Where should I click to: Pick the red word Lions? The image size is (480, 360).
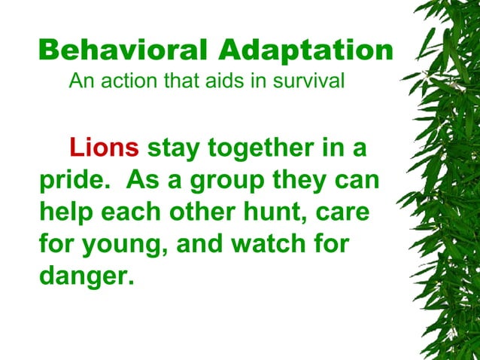click(104, 148)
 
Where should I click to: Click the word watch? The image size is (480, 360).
click(266, 246)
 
